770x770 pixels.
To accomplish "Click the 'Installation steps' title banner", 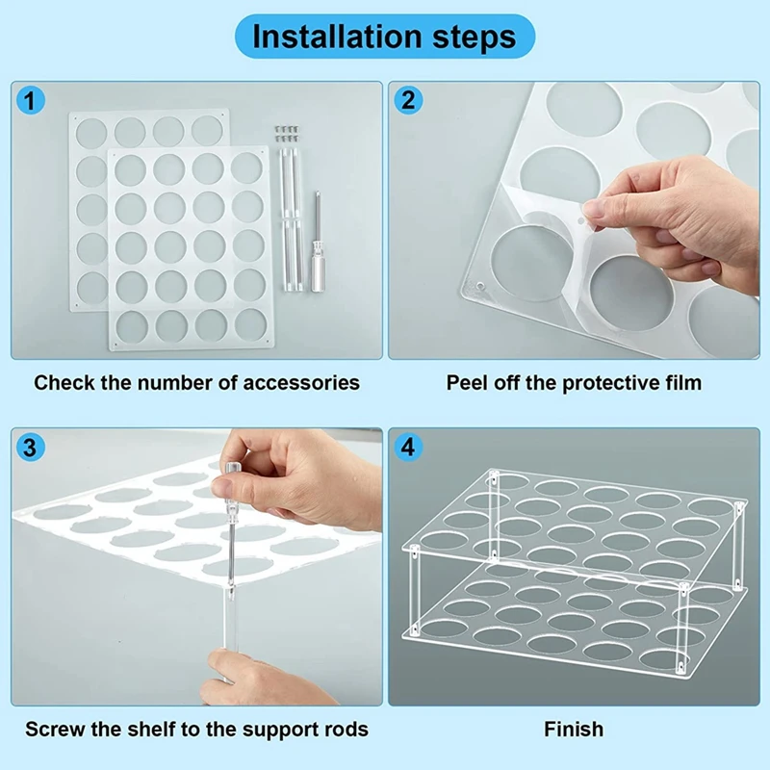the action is pyautogui.click(x=385, y=37).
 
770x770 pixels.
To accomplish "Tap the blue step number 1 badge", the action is pyautogui.click(x=30, y=101).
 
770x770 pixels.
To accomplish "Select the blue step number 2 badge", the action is pyautogui.click(x=407, y=101).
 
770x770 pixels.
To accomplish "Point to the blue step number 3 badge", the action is pyautogui.click(x=30, y=448).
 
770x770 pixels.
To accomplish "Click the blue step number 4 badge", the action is pyautogui.click(x=407, y=448).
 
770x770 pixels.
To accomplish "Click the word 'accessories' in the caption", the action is pyautogui.click(x=301, y=383).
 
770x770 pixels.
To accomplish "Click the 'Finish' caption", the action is pyautogui.click(x=574, y=730).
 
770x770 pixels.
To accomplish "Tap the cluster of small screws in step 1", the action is pyautogui.click(x=287, y=134).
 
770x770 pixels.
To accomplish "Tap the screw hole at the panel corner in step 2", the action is pyautogui.click(x=480, y=285).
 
